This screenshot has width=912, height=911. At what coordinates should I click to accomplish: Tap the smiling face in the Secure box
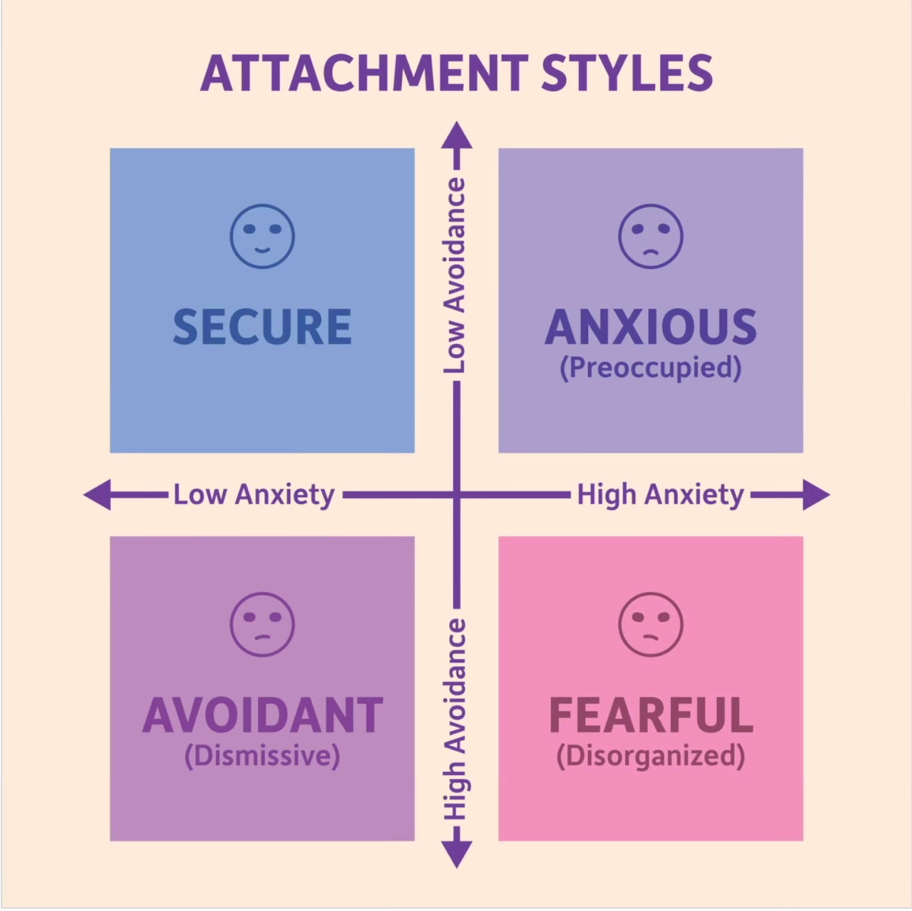[263, 236]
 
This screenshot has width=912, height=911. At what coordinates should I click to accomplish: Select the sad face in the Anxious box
[650, 236]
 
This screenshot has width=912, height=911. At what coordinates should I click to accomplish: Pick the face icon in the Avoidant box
[263, 625]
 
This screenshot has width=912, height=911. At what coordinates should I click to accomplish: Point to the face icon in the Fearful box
[650, 625]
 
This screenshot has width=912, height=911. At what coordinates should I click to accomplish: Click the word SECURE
[263, 327]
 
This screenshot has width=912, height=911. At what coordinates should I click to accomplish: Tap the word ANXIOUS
[650, 327]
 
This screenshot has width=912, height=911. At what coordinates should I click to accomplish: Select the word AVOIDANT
[263, 715]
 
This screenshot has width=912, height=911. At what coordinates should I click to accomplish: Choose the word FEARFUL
[650, 715]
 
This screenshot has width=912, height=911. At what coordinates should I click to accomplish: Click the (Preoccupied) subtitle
[650, 368]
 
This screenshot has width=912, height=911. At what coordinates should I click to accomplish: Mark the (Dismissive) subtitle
[263, 756]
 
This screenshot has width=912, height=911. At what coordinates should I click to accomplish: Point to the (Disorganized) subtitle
[650, 756]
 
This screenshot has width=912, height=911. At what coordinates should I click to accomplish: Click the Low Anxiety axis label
[253, 495]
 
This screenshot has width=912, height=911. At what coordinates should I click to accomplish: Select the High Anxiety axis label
[660, 495]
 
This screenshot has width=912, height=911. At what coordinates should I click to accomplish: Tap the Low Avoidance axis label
[455, 275]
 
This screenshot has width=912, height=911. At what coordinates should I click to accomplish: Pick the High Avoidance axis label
[455, 718]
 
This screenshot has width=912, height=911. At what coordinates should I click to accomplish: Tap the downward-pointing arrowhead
[456, 854]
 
